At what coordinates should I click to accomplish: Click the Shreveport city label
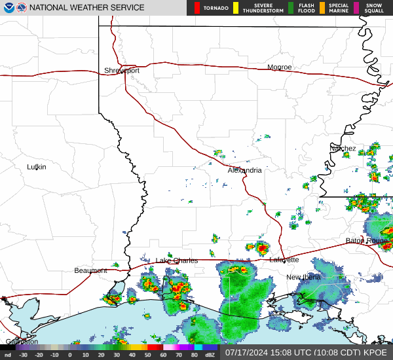(x=122, y=71)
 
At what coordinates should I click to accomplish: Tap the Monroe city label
(x=280, y=67)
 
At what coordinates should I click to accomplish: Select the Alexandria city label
(x=245, y=170)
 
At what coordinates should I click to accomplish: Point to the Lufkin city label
(x=37, y=167)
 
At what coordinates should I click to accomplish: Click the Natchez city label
(x=343, y=149)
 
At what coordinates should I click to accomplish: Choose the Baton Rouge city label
(x=367, y=241)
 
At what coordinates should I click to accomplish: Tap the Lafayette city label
(x=284, y=260)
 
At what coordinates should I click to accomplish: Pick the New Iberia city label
(x=303, y=278)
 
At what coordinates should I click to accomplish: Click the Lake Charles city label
(x=176, y=261)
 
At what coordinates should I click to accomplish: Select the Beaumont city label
(x=90, y=270)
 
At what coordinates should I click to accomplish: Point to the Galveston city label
(x=22, y=342)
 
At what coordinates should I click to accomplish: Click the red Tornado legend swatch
(x=196, y=8)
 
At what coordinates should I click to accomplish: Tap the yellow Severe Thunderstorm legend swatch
(x=235, y=8)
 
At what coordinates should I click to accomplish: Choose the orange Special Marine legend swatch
(x=322, y=8)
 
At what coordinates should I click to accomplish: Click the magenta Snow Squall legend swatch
(x=356, y=8)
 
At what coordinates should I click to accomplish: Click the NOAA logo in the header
(x=8, y=8)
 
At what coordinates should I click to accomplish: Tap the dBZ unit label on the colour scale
(x=210, y=355)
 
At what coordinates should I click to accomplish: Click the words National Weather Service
(x=86, y=8)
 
